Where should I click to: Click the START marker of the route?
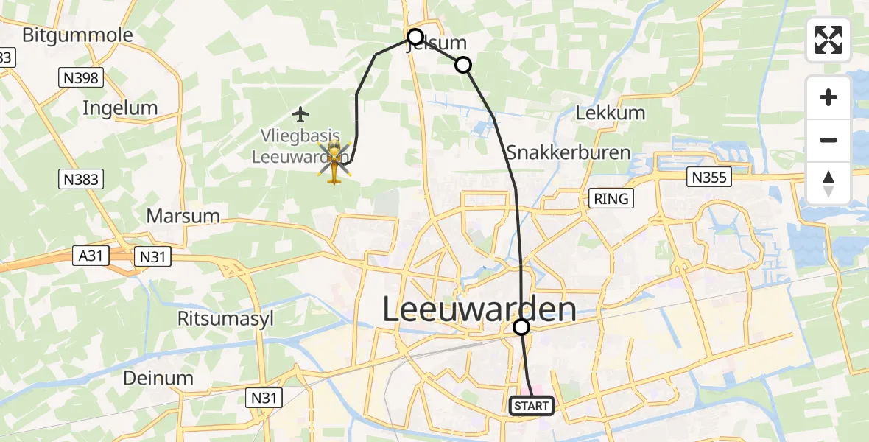pyautogui.click(x=531, y=406)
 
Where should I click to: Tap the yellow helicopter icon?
pyautogui.click(x=335, y=161)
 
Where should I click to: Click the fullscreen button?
pyautogui.click(x=828, y=40)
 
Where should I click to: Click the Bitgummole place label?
pyautogui.click(x=77, y=35)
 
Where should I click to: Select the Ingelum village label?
pyautogui.click(x=120, y=108)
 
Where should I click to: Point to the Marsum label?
pyautogui.click(x=183, y=216)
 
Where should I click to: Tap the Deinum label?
pyautogui.click(x=158, y=378)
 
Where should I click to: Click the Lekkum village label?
pyautogui.click(x=611, y=113)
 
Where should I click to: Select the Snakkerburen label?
pyautogui.click(x=568, y=152)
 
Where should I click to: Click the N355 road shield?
pyautogui.click(x=708, y=177)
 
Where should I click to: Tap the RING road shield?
pyautogui.click(x=611, y=198)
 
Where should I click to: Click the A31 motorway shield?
pyautogui.click(x=91, y=256)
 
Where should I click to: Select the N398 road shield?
pyautogui.click(x=82, y=77)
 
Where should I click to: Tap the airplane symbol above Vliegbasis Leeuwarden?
pyautogui.click(x=300, y=114)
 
